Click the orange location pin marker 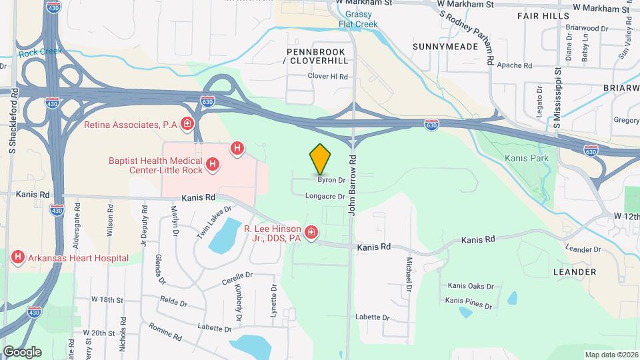coord(321,159)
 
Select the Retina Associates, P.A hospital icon coord(187,124)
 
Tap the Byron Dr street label coord(331,180)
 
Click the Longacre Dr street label coord(325,197)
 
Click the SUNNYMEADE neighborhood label coord(445,47)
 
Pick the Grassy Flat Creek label coord(357,19)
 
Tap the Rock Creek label coord(31,52)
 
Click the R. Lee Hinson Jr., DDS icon coord(311,233)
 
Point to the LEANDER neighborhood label coord(575,272)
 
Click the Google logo coord(22,351)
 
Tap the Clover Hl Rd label coord(328,77)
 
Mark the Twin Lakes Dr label coord(213,222)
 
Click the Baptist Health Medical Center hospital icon coord(212,164)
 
